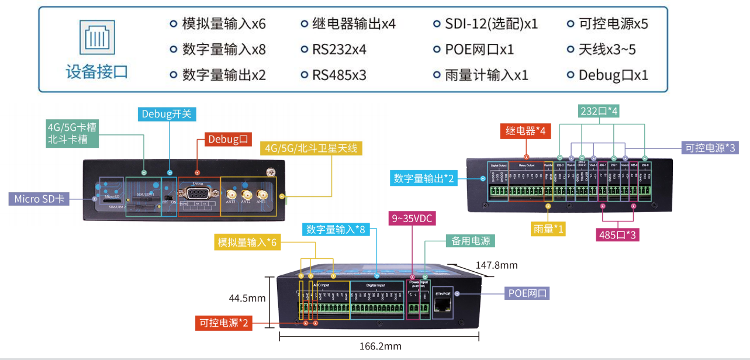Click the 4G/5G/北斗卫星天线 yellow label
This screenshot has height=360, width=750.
point(311,148)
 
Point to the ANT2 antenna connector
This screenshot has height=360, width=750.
point(247,194)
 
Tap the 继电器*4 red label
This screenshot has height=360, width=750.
point(526,131)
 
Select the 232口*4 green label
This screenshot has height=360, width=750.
point(599,111)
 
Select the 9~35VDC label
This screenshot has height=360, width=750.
point(413,219)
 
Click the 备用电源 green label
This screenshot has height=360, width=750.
point(471,241)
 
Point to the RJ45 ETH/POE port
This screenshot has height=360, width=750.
point(443,304)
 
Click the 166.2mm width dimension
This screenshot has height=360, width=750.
point(380,346)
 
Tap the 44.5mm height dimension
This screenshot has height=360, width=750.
point(247,298)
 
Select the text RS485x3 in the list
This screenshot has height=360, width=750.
point(339,75)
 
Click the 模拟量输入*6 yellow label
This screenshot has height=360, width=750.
point(246,242)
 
